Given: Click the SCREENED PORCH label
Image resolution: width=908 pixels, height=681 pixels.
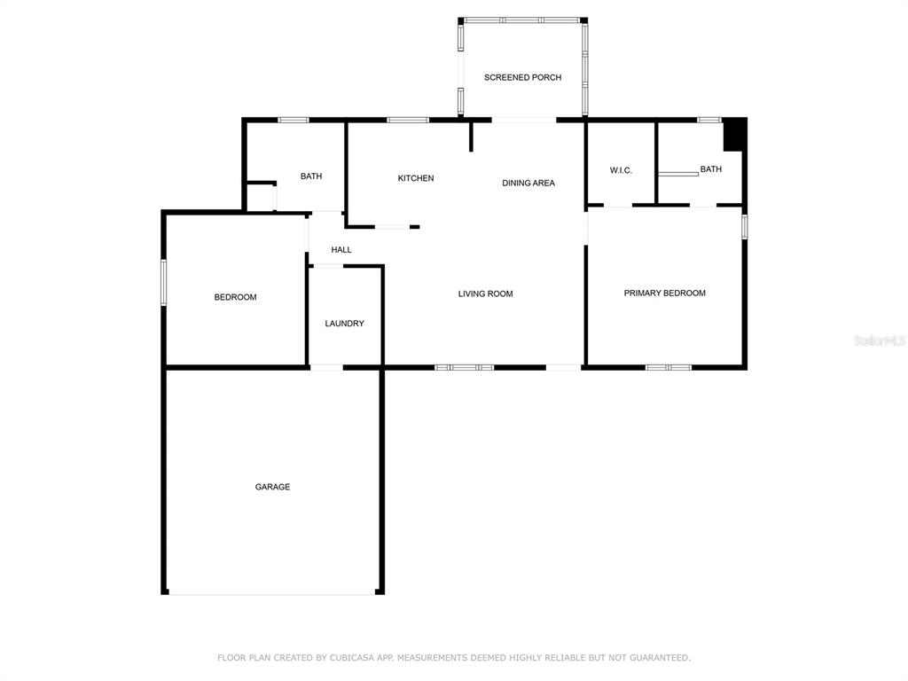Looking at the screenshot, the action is [522, 77].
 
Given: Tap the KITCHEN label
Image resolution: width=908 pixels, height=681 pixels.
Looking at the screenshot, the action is [416, 177].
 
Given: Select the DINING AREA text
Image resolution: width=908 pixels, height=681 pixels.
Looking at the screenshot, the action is [528, 183].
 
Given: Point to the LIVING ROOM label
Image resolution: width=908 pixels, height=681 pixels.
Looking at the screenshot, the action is [485, 294].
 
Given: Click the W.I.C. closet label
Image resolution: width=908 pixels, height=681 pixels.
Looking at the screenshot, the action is [621, 170].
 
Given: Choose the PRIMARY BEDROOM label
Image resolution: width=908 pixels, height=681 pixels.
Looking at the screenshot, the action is [665, 293].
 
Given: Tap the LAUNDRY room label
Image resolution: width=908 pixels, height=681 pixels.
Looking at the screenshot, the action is [345, 323].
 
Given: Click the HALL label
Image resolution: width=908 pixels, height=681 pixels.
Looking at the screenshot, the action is [341, 249].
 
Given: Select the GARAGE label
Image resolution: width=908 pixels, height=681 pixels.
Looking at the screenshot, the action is [272, 487].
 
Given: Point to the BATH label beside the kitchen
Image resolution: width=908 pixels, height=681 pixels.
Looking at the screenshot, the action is [311, 176].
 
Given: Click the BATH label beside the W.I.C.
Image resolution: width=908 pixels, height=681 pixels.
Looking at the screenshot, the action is [710, 169].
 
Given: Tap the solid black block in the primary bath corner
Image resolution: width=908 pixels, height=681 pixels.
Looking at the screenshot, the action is [733, 136].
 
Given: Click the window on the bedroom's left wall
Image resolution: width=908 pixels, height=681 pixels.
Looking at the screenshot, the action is [163, 283].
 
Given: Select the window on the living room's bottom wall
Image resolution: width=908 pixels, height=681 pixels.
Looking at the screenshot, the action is [465, 367].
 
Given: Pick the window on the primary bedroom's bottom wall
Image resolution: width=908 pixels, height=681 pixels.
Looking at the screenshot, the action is [669, 367].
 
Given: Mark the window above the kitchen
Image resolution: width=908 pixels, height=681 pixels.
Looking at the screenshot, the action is [408, 120].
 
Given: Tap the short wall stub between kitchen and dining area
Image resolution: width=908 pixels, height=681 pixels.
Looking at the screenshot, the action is [471, 137].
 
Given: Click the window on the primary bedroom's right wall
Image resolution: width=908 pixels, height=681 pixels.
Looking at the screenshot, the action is [745, 226].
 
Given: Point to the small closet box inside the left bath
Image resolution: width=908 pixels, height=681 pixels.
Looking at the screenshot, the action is [260, 196].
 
